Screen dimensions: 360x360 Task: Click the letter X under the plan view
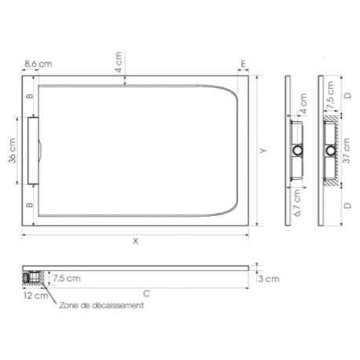(x=135, y=241)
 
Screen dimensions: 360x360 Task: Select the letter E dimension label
(x=244, y=63)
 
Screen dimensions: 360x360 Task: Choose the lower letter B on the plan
(x=30, y=205)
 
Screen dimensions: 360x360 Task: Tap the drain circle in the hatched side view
(x=330, y=149)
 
